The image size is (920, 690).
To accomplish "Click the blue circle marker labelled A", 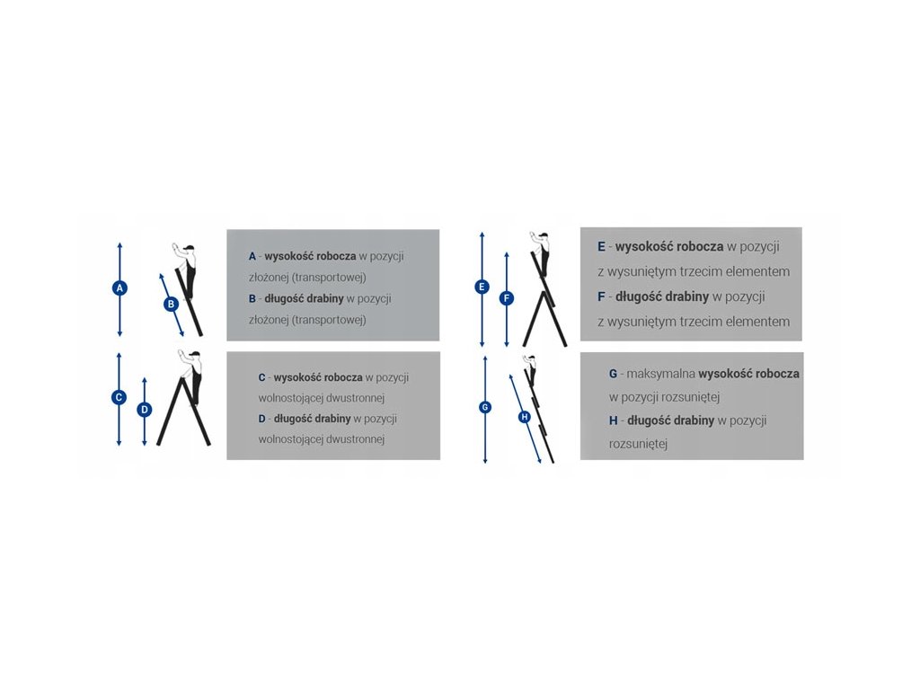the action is pos(119,287).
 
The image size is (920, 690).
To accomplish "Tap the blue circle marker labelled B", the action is pos(172,305).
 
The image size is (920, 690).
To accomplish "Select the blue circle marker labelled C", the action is pos(119,397).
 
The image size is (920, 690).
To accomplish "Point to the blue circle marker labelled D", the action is pos(145,410).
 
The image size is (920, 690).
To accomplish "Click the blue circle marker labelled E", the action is pos(482,287).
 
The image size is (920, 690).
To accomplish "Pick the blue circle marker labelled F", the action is pos(507,298).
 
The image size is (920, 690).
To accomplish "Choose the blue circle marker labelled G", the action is pos(485,407).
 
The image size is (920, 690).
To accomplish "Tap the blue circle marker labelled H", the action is pos(525,417).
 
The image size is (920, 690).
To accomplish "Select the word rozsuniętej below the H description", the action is pos(638,443).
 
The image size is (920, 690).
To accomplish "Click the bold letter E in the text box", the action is pos(601,246).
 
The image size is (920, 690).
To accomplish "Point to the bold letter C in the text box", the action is pos(261,377).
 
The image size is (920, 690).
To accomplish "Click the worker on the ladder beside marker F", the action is pos(542,253).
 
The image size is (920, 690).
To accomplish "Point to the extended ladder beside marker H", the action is pos(540,418).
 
